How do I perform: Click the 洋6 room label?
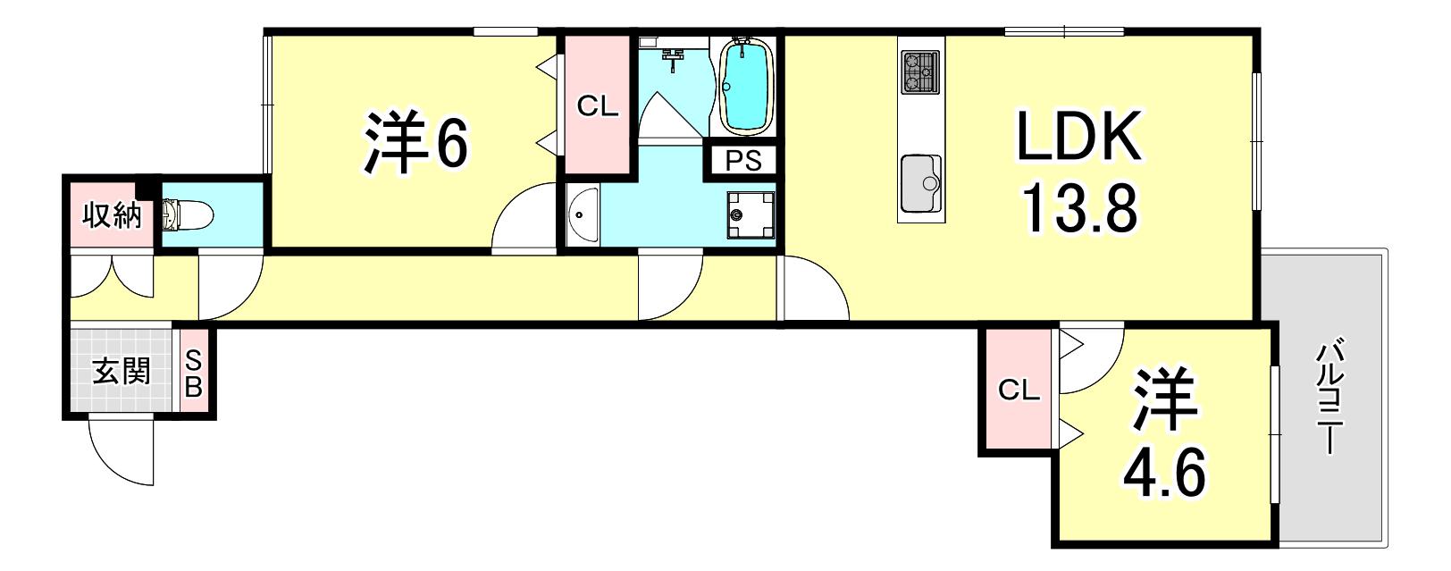[415, 142]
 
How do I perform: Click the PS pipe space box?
[743, 161]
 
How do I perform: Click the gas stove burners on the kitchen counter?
[920, 71]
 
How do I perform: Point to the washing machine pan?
[751, 215]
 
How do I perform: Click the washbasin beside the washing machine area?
[583, 216]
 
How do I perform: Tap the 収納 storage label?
[112, 215]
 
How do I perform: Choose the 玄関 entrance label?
[122, 372]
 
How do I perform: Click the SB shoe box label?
[195, 374]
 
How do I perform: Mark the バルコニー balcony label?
[1328, 399]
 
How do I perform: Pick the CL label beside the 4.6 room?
[1019, 390]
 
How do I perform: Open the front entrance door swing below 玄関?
[122, 452]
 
